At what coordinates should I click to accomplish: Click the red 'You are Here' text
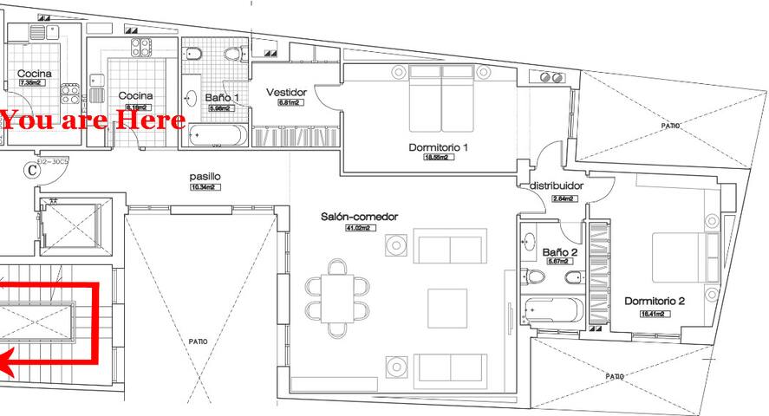pyautogui.click(x=93, y=120)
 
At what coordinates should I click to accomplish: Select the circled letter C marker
pyautogui.click(x=32, y=170)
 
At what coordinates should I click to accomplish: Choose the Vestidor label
pyautogui.click(x=287, y=93)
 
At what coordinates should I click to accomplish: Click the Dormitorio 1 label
pyautogui.click(x=438, y=147)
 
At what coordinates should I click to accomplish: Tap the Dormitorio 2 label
pyautogui.click(x=655, y=302)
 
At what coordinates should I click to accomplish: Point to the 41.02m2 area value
pyautogui.click(x=358, y=228)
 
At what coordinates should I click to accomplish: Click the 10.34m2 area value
pyautogui.click(x=206, y=186)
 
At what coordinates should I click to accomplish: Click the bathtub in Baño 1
pyautogui.click(x=216, y=135)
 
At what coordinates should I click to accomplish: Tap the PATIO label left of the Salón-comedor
pyautogui.click(x=198, y=341)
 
